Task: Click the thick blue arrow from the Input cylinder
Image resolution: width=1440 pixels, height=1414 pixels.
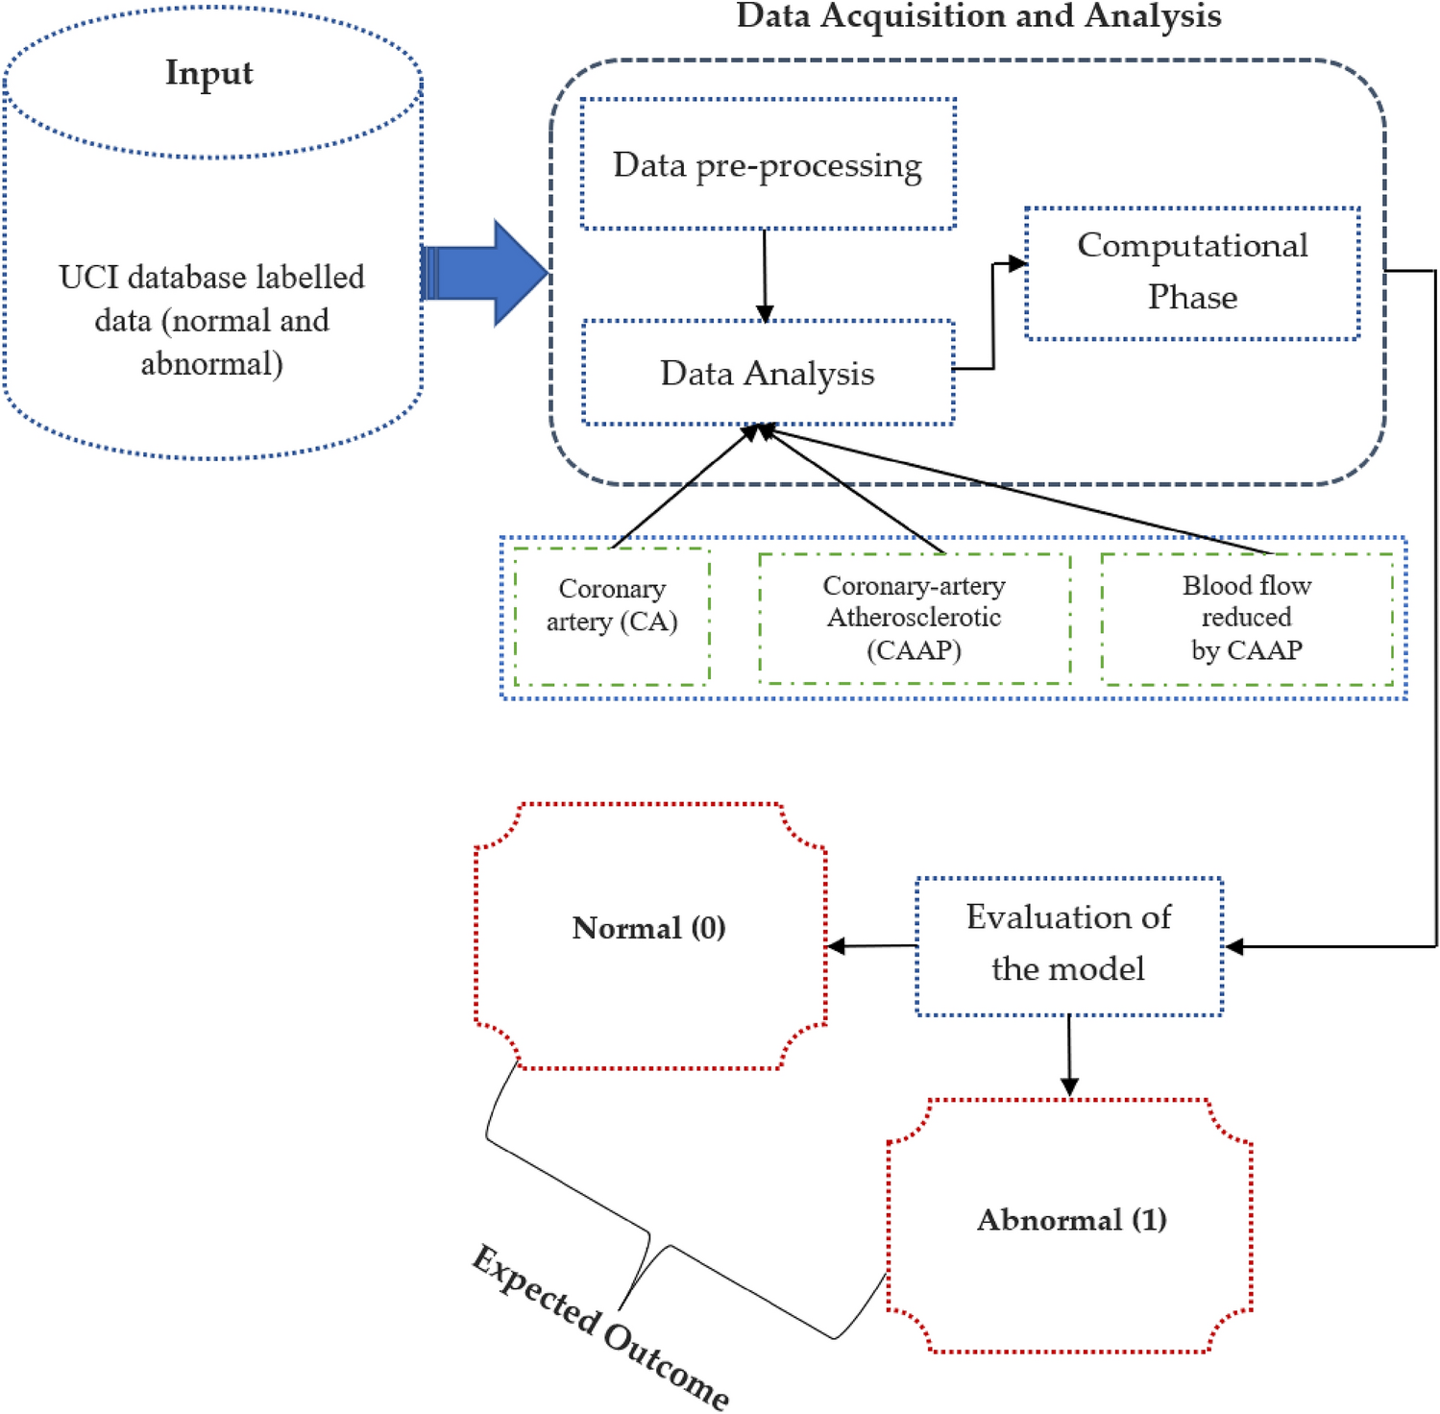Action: [485, 274]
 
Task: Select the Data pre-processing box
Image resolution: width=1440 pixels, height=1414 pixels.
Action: [768, 164]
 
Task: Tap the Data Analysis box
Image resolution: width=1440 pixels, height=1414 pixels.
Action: [768, 373]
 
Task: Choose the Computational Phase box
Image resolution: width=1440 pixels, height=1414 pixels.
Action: [1192, 272]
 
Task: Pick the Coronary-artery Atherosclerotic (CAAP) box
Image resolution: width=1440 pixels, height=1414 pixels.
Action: [915, 618]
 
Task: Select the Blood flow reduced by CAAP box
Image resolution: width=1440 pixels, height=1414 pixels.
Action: [1247, 618]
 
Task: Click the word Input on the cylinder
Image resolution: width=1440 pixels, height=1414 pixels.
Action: [209, 73]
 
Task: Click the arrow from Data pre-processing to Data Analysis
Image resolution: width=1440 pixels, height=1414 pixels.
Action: [765, 275]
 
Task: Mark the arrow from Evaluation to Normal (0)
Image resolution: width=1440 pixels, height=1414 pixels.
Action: [872, 946]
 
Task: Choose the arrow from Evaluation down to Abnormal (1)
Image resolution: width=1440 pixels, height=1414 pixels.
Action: [1069, 1055]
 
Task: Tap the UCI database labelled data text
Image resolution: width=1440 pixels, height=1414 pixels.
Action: [211, 320]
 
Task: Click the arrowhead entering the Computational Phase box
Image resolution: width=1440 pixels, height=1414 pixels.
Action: [1016, 263]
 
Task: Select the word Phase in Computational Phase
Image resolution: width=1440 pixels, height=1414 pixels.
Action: [1192, 297]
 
